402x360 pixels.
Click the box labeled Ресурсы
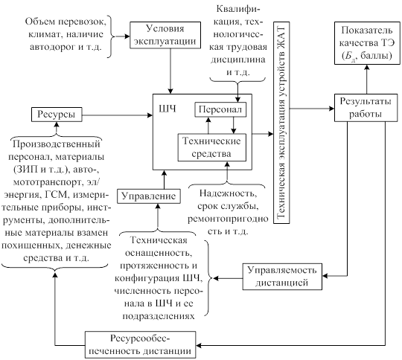(x=57, y=115)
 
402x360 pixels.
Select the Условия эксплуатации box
(x=165, y=35)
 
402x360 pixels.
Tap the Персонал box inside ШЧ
(x=220, y=109)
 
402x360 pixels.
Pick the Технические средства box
(x=212, y=147)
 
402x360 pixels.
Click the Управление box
(x=149, y=196)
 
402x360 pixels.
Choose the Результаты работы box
(x=366, y=108)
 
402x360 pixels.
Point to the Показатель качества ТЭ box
(x=367, y=43)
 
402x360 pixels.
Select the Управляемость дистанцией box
(x=282, y=277)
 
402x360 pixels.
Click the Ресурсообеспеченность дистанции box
(x=140, y=345)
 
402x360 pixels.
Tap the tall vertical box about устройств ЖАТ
(x=281, y=123)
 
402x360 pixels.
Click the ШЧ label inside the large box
(x=167, y=109)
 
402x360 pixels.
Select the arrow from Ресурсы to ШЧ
(x=118, y=115)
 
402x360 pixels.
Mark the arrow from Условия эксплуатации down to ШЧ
(x=170, y=71)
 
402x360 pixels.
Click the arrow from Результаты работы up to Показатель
(x=367, y=79)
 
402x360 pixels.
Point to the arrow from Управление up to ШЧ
(x=165, y=179)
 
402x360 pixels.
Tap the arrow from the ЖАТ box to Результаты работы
(x=312, y=109)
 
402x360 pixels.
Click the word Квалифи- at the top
(x=238, y=10)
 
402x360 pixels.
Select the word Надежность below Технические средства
(x=228, y=193)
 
